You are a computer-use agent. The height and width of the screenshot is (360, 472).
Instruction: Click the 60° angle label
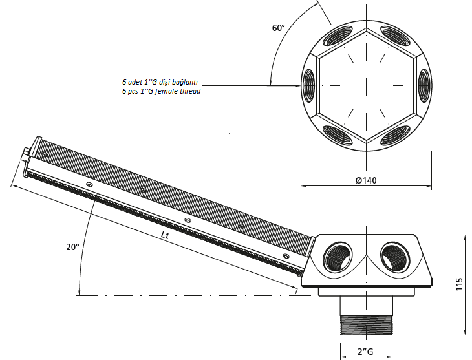point(279,28)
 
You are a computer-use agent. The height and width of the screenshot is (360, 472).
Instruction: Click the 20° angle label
point(72,247)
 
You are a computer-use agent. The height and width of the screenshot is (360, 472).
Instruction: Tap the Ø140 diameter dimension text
point(366,180)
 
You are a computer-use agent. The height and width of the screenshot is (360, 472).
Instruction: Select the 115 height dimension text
point(459,284)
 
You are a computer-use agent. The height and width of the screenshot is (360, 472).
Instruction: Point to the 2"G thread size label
point(365,352)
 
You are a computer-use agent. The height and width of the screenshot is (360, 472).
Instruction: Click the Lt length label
point(165,235)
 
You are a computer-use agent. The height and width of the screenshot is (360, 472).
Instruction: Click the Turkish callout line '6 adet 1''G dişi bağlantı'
point(160,82)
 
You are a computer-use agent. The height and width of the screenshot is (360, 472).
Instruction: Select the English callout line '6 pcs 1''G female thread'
point(162,91)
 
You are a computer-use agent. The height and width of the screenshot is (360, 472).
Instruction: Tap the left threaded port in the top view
point(308,85)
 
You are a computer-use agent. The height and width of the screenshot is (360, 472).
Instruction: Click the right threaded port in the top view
point(424,85)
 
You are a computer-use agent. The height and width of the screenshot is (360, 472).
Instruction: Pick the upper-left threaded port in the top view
point(337,36)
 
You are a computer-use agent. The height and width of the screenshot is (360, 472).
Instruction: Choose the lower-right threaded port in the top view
point(395,136)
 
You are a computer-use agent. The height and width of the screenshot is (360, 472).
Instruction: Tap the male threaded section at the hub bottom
point(367,325)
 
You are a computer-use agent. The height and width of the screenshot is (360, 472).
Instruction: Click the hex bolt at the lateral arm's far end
point(25,154)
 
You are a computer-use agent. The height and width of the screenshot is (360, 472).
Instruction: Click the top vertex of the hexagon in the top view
point(367,29)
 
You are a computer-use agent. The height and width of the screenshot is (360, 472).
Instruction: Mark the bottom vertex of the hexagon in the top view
point(367,141)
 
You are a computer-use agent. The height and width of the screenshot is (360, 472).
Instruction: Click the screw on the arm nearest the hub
point(286,256)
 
